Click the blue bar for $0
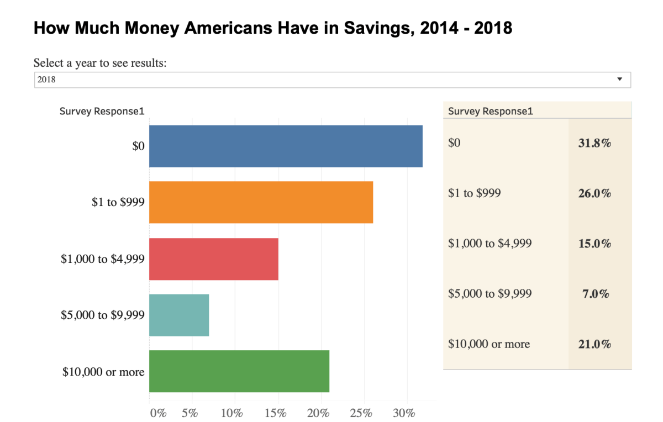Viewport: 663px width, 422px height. pos(286,146)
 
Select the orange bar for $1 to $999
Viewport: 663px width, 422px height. pos(261,202)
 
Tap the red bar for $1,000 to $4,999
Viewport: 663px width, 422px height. pos(214,259)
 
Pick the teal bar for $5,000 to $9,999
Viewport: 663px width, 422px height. pos(179,315)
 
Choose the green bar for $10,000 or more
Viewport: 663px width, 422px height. pos(239,371)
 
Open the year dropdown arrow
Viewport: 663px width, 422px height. pos(619,80)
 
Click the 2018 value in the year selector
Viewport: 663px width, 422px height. pos(46,80)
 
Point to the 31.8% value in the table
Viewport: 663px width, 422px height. pos(594,143)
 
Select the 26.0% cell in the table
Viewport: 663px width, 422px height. pos(594,193)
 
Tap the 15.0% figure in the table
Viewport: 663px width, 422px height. pos(594,244)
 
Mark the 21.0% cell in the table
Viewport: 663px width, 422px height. pos(594,344)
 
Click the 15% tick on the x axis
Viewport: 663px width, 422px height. pos(275,413)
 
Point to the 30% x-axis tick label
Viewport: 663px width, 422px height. pos(404,413)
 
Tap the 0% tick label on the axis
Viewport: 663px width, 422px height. pos(158,413)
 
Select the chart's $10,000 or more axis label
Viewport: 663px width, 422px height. pos(103,372)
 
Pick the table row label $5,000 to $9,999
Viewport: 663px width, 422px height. pos(490,293)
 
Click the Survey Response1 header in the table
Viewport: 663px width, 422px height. pos(491,111)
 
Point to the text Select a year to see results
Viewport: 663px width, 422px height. pos(100,62)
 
